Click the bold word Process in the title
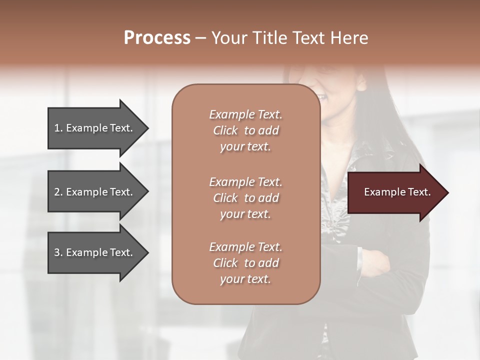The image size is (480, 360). (157, 38)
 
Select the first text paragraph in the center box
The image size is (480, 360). (245, 130)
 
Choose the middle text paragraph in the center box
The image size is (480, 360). (245, 197)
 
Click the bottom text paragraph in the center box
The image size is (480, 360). (245, 263)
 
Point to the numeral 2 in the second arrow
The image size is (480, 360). (57, 192)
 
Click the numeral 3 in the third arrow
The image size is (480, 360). (57, 252)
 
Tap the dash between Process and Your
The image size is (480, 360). (200, 38)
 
